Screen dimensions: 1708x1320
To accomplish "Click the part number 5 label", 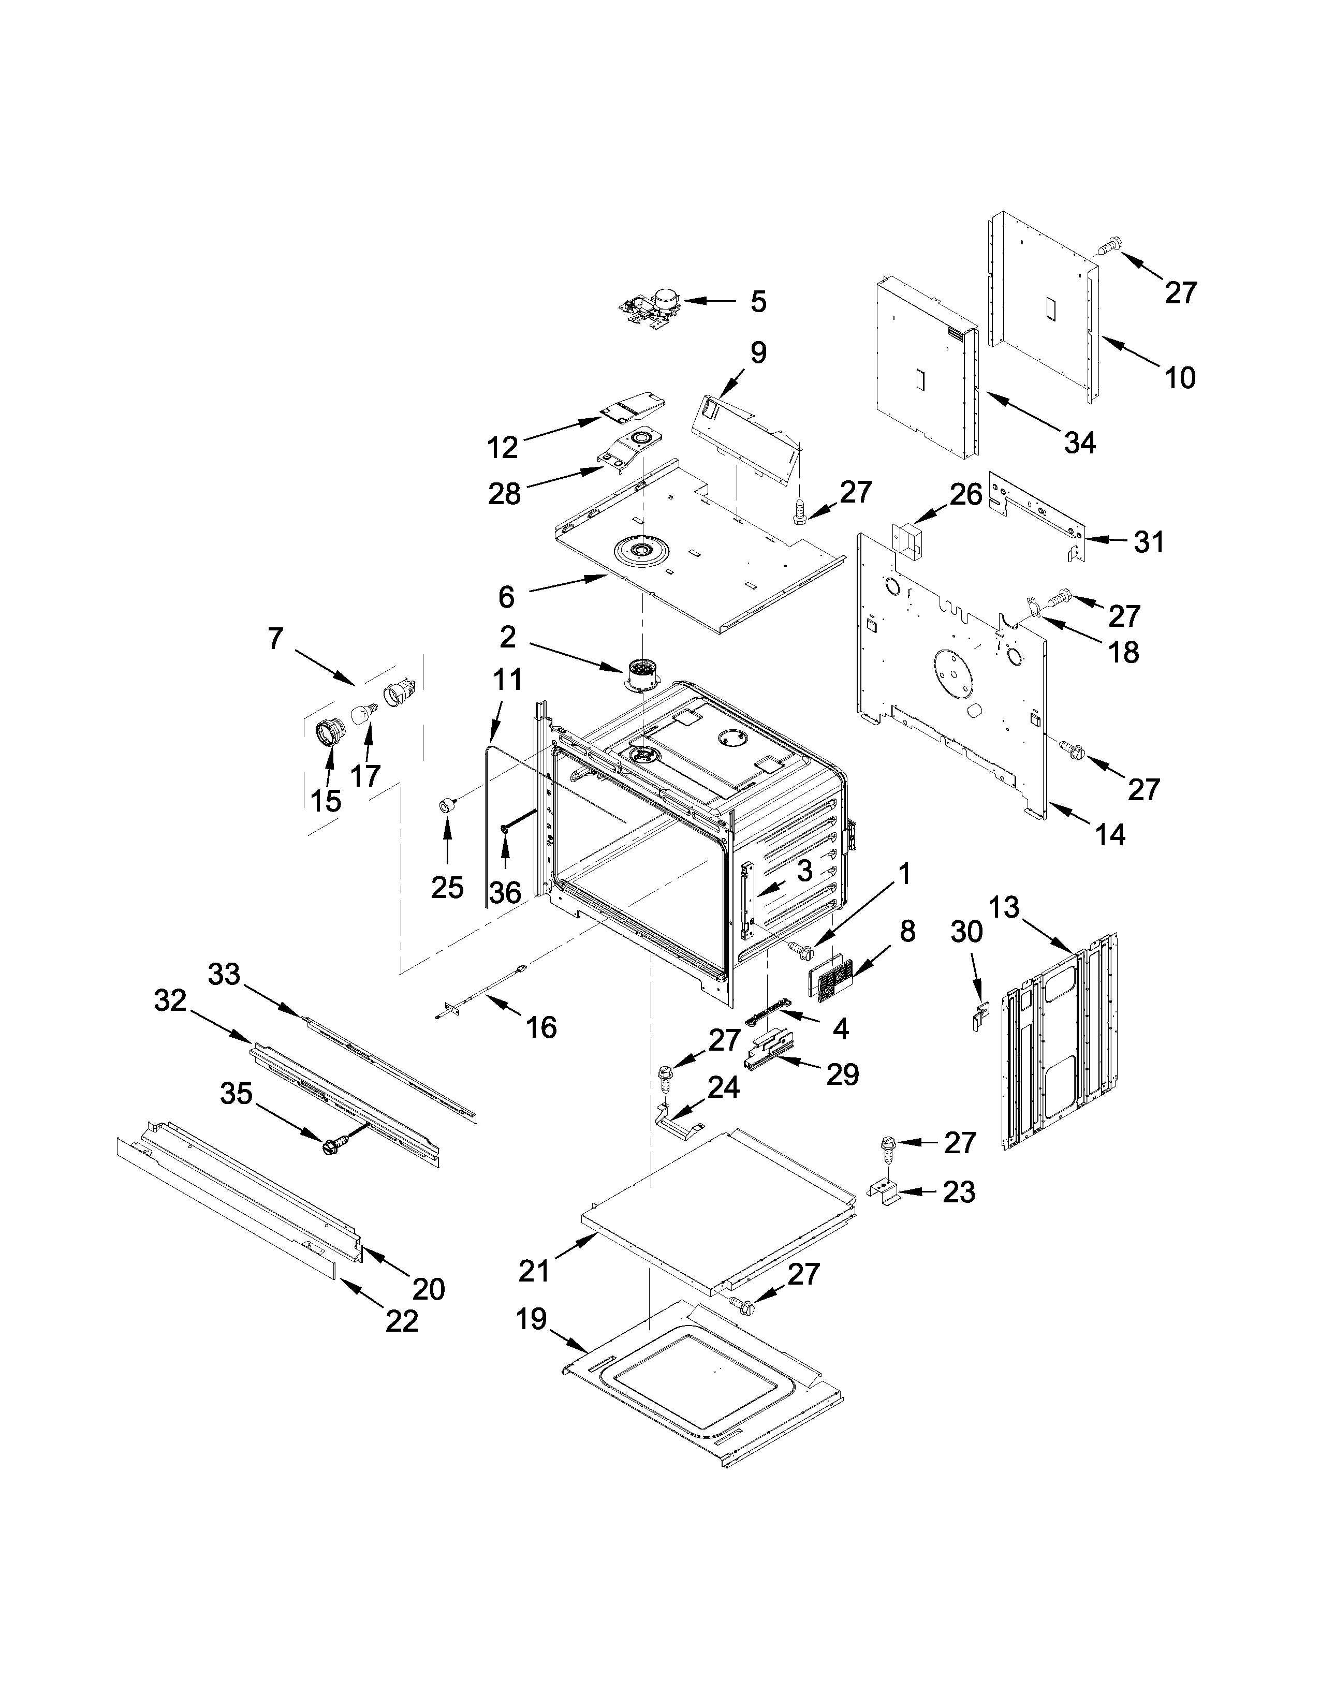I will click(758, 302).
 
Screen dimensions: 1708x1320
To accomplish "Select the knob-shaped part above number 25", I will click(447, 805).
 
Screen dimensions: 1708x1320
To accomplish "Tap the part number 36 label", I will click(506, 892).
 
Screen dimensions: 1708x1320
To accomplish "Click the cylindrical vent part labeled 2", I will click(643, 675).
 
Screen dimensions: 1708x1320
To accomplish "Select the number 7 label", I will click(274, 639).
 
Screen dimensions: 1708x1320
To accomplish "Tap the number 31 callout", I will click(1149, 542).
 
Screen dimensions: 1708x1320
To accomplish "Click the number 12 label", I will click(503, 448).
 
